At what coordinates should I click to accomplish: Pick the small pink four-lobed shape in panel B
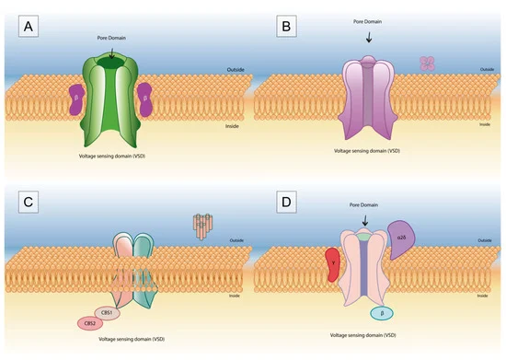coord(426,63)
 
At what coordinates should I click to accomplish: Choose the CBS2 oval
coord(88,323)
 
